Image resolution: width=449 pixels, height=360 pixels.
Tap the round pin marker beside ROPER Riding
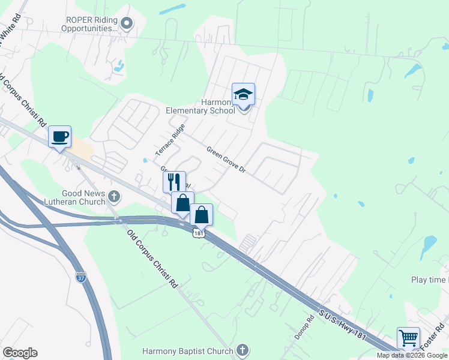pyautogui.click(x=127, y=23)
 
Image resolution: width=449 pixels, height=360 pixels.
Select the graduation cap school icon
pyautogui.click(x=243, y=95)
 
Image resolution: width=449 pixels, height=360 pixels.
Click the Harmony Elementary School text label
pyautogui.click(x=201, y=106)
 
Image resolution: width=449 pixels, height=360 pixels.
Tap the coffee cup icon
pyautogui.click(x=59, y=136)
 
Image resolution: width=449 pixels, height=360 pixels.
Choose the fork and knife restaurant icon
pyautogui.click(x=174, y=182)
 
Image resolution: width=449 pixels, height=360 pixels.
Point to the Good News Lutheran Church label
pyautogui.click(x=75, y=198)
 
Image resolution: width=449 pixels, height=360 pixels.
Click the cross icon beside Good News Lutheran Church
pyautogui.click(x=114, y=196)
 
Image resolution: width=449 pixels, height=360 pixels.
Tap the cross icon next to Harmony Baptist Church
pyautogui.click(x=242, y=349)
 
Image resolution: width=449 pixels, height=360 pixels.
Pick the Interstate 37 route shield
pyautogui.click(x=81, y=277)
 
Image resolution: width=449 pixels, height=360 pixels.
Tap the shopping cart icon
pyautogui.click(x=408, y=338)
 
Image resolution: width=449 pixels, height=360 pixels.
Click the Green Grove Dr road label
pyautogui.click(x=226, y=159)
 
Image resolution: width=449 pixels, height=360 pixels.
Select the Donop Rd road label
pyautogui.click(x=304, y=328)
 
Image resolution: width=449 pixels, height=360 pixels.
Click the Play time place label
pyautogui.click(x=429, y=280)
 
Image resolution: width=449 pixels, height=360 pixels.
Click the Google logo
pyautogui.click(x=20, y=352)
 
